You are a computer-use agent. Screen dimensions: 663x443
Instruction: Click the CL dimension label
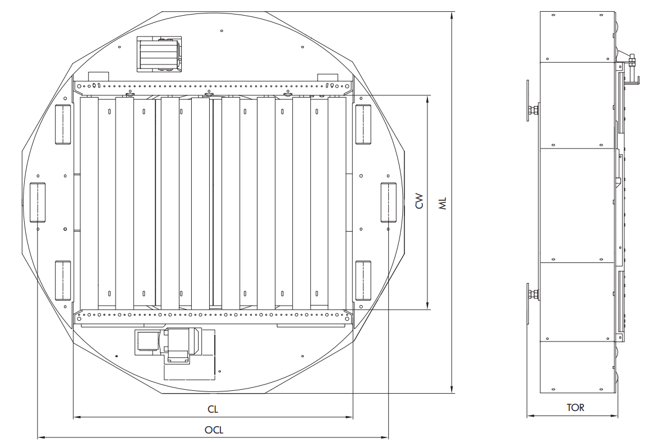213,409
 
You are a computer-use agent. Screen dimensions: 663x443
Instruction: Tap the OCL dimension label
214,430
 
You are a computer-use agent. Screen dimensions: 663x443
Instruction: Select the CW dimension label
418,201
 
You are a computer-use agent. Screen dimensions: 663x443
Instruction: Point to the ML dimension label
443,204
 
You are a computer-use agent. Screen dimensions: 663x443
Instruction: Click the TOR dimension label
575,408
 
